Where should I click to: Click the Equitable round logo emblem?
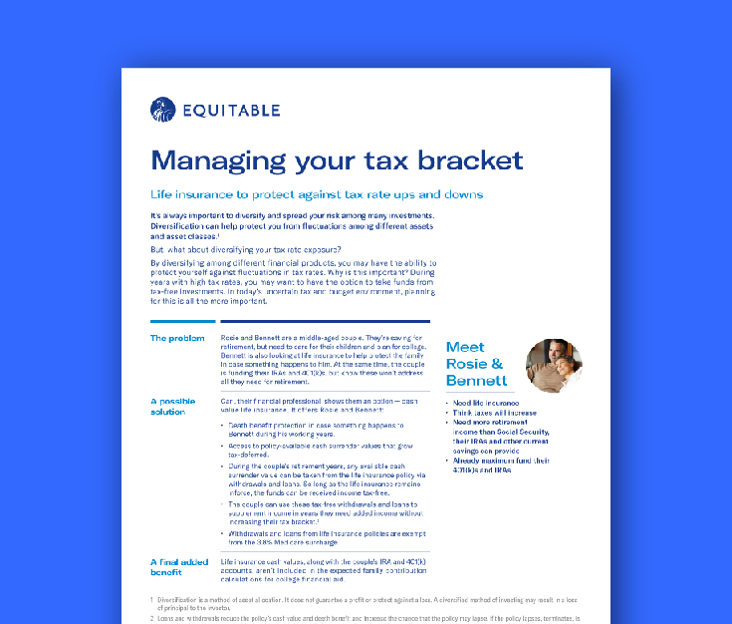point(162,108)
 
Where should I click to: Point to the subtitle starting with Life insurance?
point(316,194)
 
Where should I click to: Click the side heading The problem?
point(177,339)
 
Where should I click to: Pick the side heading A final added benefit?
point(179,568)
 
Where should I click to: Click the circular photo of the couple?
point(554,367)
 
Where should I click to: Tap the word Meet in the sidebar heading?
point(465,347)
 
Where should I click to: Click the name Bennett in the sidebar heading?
point(476,381)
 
